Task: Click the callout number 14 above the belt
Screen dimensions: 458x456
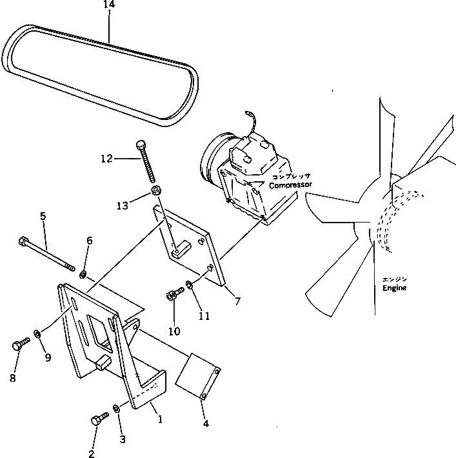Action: (109, 5)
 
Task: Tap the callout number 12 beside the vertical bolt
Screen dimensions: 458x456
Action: (107, 157)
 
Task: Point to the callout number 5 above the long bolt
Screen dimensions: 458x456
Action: (43, 217)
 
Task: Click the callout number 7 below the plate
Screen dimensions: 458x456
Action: (237, 301)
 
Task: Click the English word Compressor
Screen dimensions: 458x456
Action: (290, 185)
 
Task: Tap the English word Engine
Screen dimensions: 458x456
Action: (394, 288)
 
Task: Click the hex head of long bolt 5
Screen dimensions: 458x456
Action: (24, 244)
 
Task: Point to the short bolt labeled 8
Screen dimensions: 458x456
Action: (19, 345)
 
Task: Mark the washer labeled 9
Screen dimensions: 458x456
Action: (39, 334)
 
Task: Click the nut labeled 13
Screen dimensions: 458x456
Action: (156, 192)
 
